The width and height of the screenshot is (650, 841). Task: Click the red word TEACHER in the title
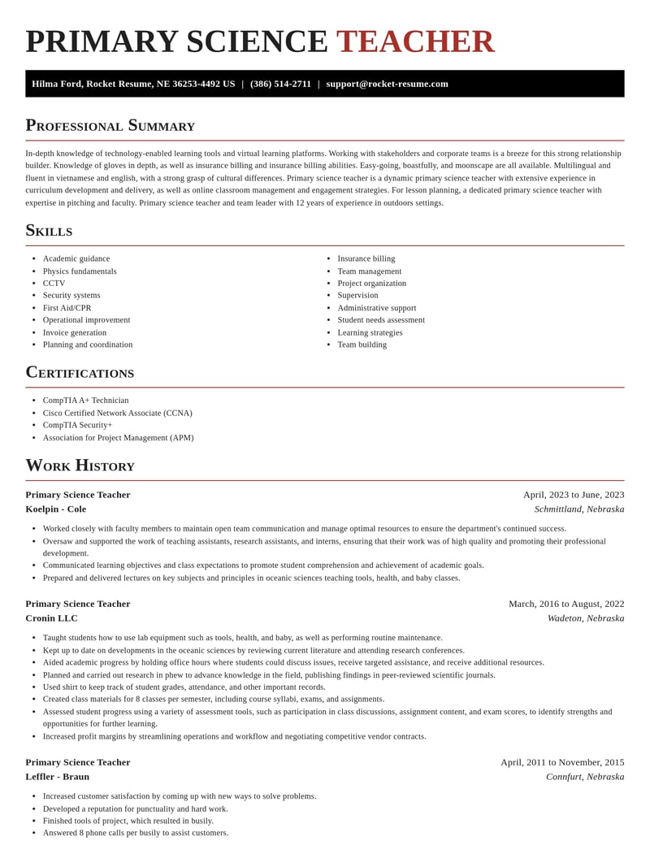[414, 41]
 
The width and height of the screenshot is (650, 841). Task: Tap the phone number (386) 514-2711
[280, 84]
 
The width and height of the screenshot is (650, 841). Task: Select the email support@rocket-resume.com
[387, 84]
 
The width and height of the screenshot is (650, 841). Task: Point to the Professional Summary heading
[110, 125]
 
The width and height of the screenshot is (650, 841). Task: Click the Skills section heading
[49, 230]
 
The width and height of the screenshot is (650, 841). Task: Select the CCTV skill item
[54, 283]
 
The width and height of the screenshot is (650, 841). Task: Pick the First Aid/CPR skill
[67, 308]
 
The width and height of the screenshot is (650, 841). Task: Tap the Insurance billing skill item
[366, 258]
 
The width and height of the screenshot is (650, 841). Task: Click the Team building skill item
[362, 345]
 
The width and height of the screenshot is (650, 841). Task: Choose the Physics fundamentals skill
[80, 271]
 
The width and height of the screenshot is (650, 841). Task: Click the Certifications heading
[80, 372]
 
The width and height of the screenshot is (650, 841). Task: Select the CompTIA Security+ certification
[77, 425]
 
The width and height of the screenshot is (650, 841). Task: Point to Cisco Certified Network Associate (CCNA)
[117, 413]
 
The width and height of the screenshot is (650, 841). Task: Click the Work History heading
[80, 466]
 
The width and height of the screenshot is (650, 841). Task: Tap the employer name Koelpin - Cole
[55, 509]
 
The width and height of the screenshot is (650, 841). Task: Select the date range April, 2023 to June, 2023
[573, 494]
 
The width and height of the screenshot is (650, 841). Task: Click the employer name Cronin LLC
[51, 618]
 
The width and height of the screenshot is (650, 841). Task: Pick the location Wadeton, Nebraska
[585, 618]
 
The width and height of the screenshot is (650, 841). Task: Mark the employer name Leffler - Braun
[57, 776]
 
